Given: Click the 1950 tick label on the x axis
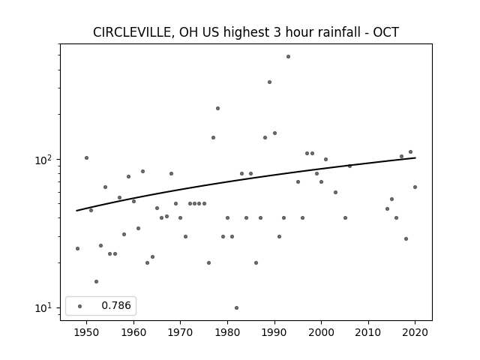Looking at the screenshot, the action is click(86, 332).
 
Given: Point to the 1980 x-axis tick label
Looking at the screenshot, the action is click(227, 332).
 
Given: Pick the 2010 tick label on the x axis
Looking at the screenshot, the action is click(368, 332).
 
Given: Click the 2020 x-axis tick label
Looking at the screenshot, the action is click(415, 332).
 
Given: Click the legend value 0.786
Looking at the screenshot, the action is click(116, 305).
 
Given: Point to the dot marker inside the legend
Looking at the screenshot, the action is click(80, 306).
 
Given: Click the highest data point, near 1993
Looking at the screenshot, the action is click(288, 57).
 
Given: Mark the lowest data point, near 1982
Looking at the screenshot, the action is click(237, 308).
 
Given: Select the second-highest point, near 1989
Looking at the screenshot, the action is click(270, 82).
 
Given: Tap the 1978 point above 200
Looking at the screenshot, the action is click(218, 108).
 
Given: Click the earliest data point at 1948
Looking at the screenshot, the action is click(77, 248).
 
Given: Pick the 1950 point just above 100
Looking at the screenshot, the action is click(87, 158).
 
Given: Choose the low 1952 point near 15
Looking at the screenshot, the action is click(97, 282).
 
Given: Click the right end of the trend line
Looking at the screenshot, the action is click(415, 157).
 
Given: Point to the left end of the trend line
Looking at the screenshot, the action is click(76, 211).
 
